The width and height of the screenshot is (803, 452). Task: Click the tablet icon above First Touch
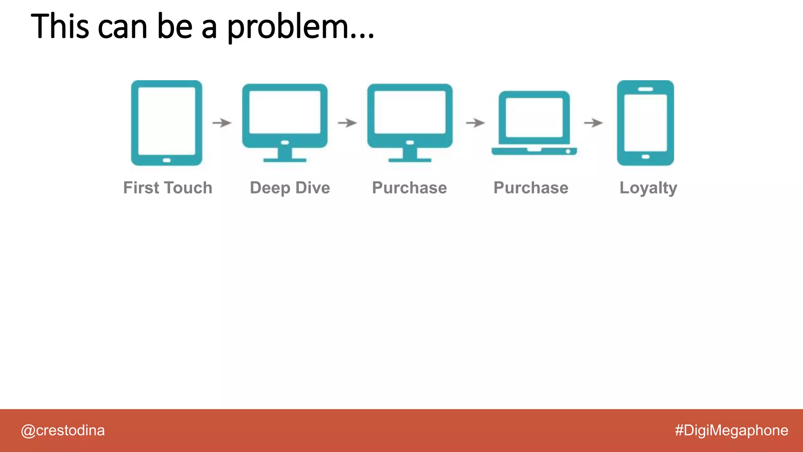click(x=167, y=122)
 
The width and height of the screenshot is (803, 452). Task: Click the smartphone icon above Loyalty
click(x=645, y=122)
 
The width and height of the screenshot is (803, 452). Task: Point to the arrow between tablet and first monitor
click(x=222, y=123)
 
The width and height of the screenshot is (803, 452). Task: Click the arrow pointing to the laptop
click(x=475, y=123)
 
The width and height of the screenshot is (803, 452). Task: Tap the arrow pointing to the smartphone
click(x=593, y=123)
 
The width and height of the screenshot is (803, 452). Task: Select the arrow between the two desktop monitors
click(x=347, y=123)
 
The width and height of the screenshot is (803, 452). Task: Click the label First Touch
click(x=168, y=188)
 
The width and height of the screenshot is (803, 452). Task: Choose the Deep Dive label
click(x=290, y=188)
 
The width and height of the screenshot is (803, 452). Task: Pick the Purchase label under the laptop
click(x=530, y=188)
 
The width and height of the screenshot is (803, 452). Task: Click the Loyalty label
click(x=648, y=188)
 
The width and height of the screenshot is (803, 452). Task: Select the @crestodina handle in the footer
click(x=63, y=430)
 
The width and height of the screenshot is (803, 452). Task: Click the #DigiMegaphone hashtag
click(x=731, y=430)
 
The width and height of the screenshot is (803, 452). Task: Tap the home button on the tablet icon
click(x=167, y=160)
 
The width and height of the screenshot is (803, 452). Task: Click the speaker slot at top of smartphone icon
click(x=645, y=89)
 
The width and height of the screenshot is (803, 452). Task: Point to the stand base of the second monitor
click(x=410, y=160)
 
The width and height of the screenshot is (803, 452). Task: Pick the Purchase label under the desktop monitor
click(x=409, y=188)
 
